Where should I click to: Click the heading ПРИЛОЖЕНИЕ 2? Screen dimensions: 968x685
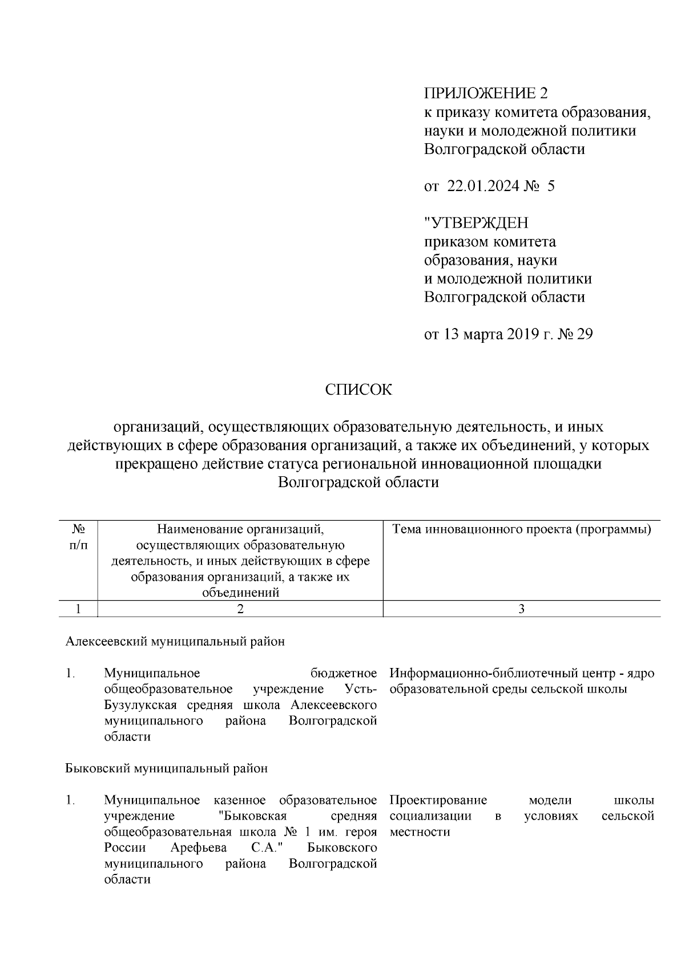485,93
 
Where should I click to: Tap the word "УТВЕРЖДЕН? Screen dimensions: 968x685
476,222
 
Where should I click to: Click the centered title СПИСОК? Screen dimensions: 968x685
358,390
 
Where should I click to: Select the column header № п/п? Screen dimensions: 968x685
79,537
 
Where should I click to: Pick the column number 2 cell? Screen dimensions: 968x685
240,609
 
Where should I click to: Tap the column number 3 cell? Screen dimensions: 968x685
521,609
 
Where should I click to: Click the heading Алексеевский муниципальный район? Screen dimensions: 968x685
175,641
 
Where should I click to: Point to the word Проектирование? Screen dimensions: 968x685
438,800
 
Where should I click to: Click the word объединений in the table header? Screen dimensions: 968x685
240,593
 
